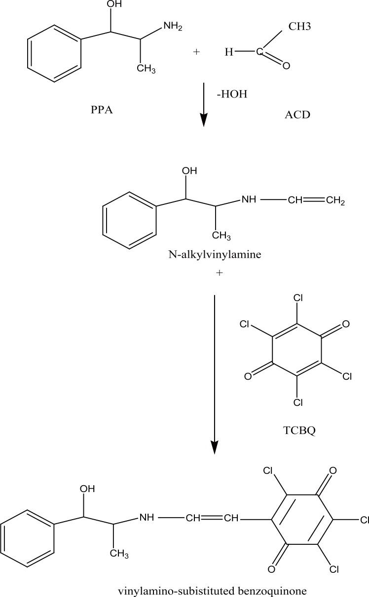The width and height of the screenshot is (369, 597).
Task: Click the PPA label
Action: point(102,109)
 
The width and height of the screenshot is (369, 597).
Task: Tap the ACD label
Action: point(297,115)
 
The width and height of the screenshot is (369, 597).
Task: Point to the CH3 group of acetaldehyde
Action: point(299,26)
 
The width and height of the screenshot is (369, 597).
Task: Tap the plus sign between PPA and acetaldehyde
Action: point(196,51)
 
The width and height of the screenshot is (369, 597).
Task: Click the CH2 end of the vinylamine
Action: point(335,200)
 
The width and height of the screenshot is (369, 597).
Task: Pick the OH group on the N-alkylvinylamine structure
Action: point(189,171)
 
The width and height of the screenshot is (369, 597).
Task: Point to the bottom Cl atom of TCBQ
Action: point(298,403)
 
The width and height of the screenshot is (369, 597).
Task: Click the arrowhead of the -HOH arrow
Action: point(203,120)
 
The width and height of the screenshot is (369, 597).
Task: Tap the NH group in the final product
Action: point(147,518)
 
